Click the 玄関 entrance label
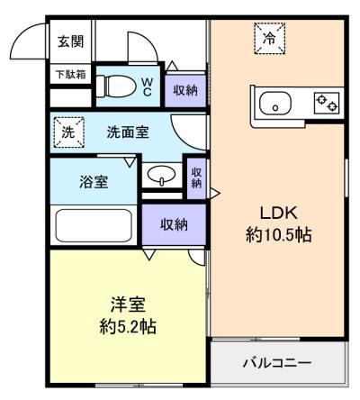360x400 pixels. tap(70, 41)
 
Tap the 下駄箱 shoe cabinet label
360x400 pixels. tap(71, 74)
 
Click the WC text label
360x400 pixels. tap(147, 87)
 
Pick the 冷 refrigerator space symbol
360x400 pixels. tap(269, 38)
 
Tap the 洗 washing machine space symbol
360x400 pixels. tap(68, 132)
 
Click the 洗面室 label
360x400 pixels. tap(128, 132)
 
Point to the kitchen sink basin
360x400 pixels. tap(275, 104)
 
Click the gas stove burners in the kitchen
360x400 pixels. tap(327, 103)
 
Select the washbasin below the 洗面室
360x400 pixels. tap(162, 175)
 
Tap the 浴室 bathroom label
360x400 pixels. tap(94, 181)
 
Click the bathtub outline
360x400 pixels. tap(94, 225)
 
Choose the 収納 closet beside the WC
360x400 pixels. tap(185, 91)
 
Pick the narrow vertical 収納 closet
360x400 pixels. tap(196, 178)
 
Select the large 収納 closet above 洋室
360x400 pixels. tap(174, 224)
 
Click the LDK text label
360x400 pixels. tap(279, 214)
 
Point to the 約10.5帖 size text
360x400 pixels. tap(279, 234)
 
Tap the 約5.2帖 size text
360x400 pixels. tap(128, 327)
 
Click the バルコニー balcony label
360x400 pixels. tap(277, 363)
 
